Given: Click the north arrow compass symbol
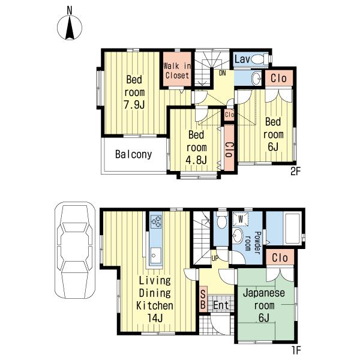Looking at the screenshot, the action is tap(70, 28).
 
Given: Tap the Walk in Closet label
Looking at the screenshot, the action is tap(177, 71).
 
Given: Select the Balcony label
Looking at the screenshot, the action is tap(133, 154).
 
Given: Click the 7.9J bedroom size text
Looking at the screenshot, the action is tap(134, 105).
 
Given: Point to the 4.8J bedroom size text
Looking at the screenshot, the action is tap(196, 160).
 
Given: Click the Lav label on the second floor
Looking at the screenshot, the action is tap(242, 59).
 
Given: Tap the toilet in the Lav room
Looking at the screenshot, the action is tap(259, 59).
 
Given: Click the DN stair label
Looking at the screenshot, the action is tap(222, 73).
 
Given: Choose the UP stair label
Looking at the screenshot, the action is tap(215, 259).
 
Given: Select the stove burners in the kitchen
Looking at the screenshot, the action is tap(156, 221).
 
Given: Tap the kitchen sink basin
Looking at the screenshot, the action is tap(155, 256).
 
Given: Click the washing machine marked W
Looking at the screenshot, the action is tap(241, 219).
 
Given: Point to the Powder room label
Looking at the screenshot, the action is tap(253, 243).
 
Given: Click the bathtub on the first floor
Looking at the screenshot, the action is tap(292, 228).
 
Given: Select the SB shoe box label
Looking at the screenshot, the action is tap(203, 299).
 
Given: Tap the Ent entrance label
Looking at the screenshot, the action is tap(221, 305).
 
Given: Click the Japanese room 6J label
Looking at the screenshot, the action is tap(264, 305).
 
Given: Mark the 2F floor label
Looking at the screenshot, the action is tap(295, 171).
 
